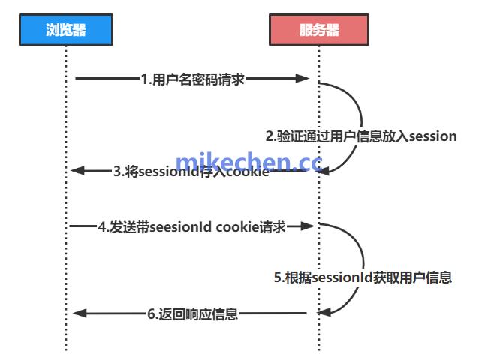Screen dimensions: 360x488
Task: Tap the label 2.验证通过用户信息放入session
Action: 361,136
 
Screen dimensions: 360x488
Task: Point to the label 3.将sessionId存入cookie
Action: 191,172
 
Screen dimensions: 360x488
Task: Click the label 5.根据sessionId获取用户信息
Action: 362,277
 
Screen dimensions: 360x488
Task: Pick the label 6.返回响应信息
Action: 192,314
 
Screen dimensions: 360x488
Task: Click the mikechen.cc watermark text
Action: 248,163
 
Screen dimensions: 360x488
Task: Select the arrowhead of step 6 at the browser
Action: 77,313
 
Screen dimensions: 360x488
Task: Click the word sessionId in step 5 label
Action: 337,277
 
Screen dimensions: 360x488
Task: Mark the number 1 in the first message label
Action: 144,79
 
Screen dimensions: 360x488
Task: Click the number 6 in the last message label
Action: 150,314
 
